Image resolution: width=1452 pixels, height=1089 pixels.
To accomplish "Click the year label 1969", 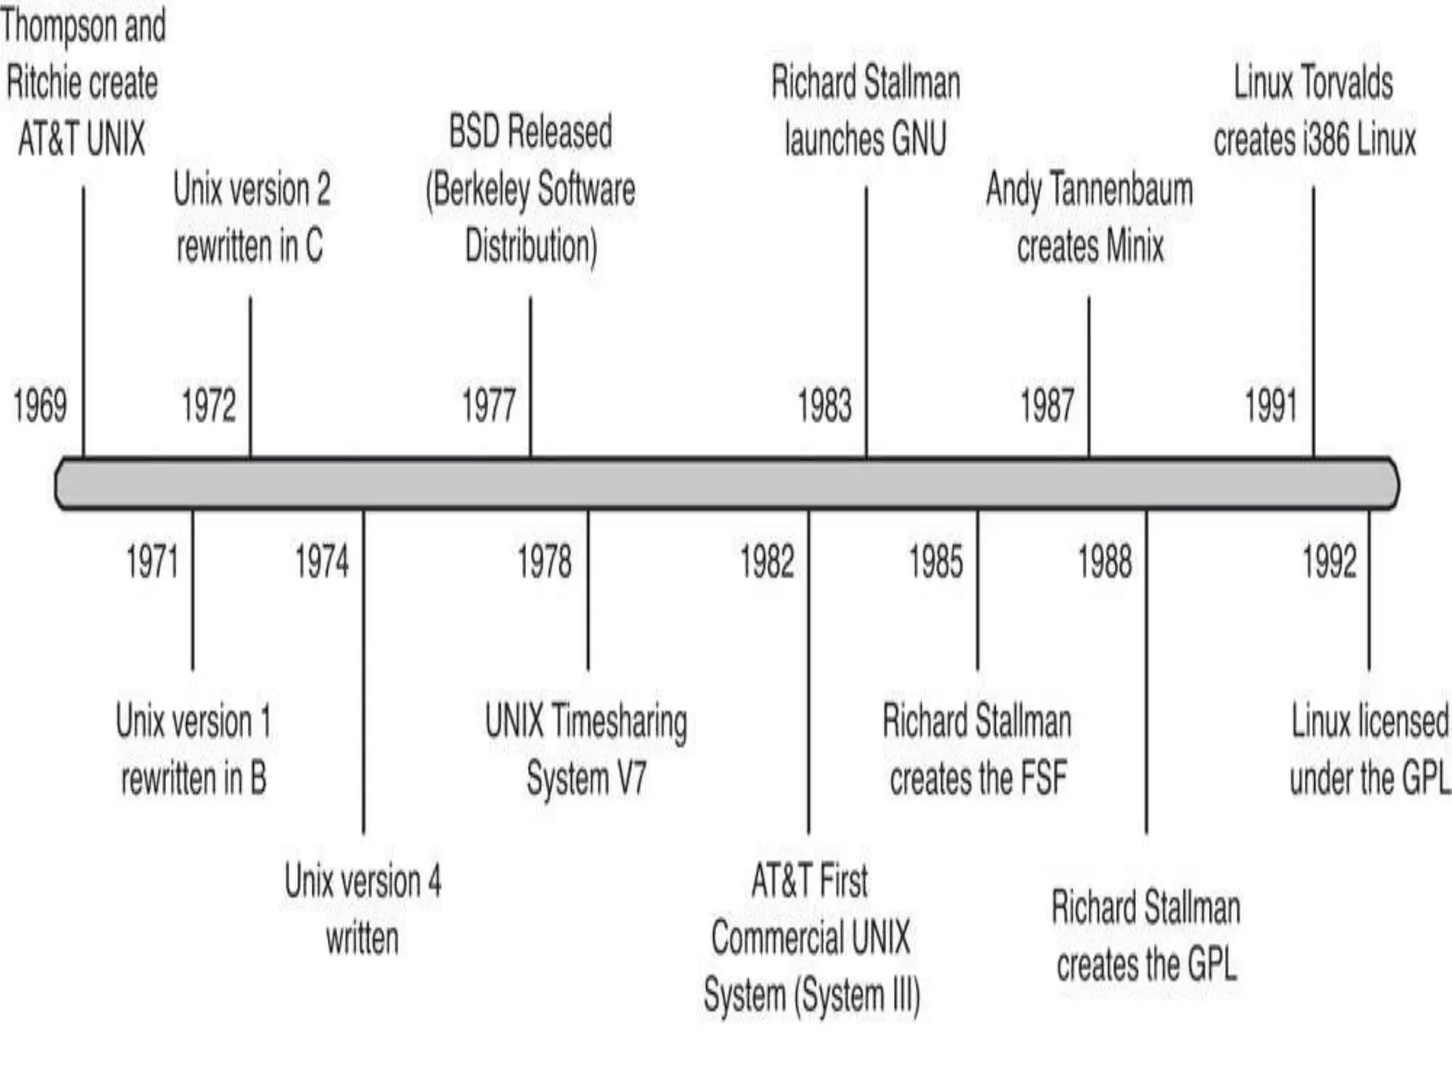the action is pyautogui.click(x=40, y=406).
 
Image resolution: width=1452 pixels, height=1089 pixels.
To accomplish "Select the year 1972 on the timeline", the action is pyautogui.click(x=208, y=406).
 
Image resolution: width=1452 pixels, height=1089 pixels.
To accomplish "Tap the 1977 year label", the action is pyautogui.click(x=488, y=406).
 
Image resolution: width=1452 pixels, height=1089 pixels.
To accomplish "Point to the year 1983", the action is pyautogui.click(x=825, y=406).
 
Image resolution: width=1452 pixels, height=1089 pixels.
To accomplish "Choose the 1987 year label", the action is pyautogui.click(x=1047, y=406).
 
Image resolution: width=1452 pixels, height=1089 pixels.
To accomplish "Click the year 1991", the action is pyautogui.click(x=1271, y=406).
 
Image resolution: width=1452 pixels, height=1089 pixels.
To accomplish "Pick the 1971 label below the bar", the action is pyautogui.click(x=152, y=562).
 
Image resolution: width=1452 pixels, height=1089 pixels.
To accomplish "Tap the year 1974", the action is pyautogui.click(x=322, y=562).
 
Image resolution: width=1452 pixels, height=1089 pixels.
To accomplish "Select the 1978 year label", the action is pyautogui.click(x=544, y=562).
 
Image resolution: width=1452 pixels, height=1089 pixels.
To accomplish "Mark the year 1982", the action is pyautogui.click(x=767, y=562).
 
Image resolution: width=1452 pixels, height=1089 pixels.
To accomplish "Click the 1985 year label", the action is pyautogui.click(x=936, y=562).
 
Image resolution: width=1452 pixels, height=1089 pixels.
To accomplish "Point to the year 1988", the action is pyautogui.click(x=1105, y=562).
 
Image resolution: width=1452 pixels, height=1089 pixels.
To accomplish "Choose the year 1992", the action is pyautogui.click(x=1329, y=562).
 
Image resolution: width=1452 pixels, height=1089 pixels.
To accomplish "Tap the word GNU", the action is pyautogui.click(x=919, y=139).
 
